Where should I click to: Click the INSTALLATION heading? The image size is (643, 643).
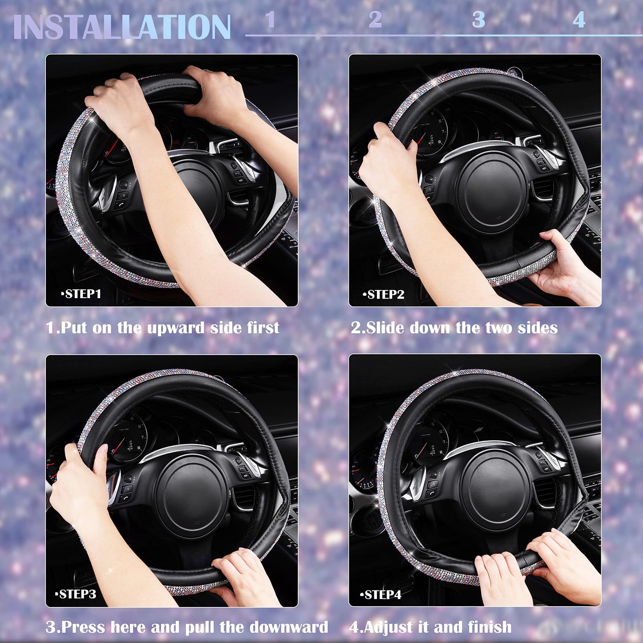point(122,27)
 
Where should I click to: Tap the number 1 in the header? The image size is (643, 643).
point(270,20)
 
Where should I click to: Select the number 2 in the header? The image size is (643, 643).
point(375,20)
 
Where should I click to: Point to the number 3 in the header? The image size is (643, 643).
point(478,20)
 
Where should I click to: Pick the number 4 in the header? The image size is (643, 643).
point(578,20)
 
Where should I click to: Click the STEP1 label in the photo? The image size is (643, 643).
point(81,294)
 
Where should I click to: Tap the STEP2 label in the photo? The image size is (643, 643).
point(384,295)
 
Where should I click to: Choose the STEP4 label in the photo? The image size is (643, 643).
point(381,595)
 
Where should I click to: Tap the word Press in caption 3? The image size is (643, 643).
point(84,627)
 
